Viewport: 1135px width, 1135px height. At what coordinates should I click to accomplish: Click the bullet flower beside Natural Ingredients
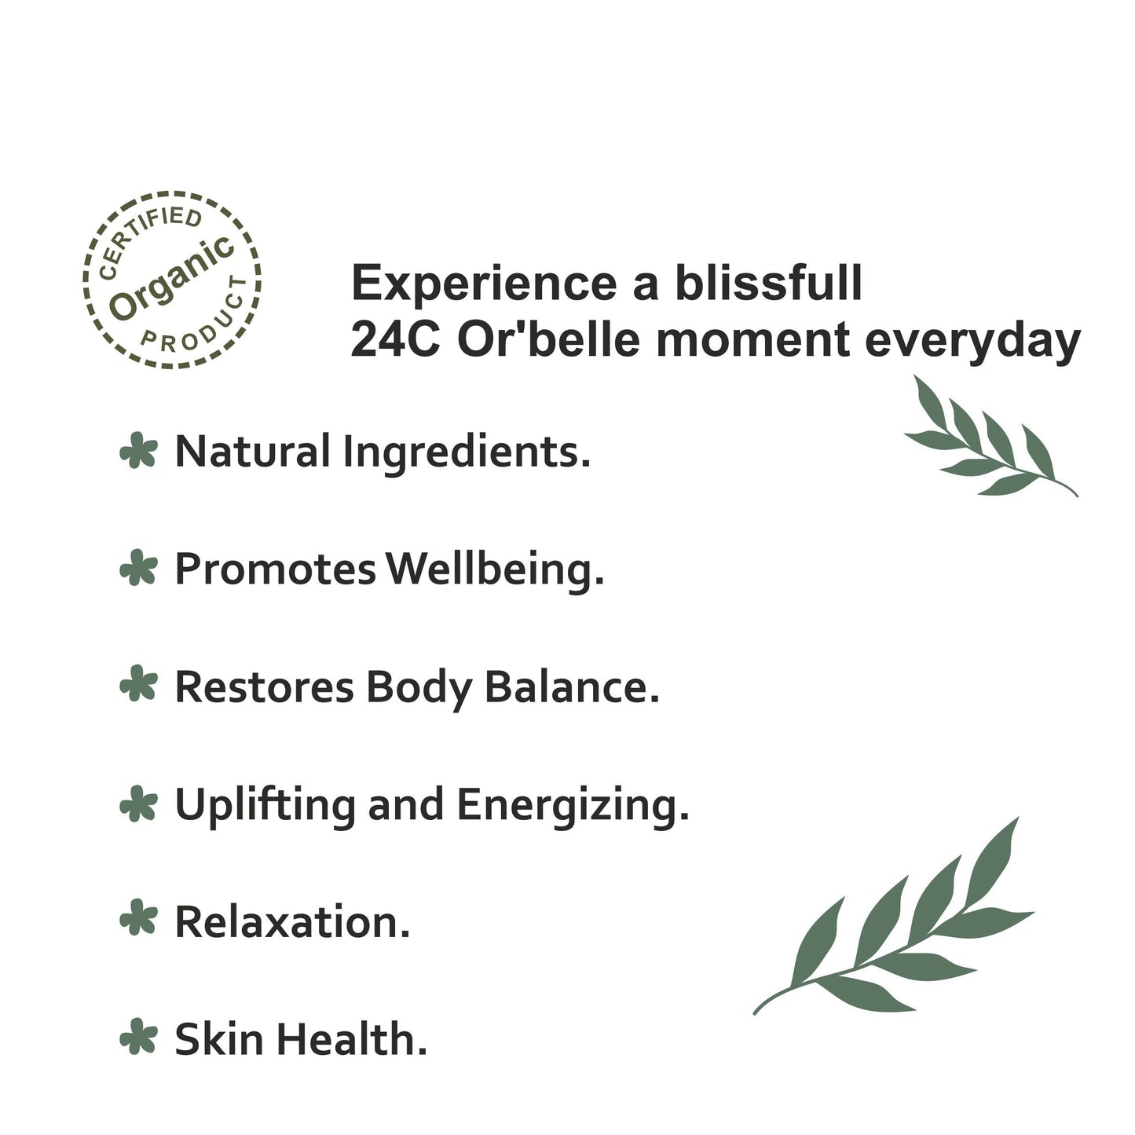(x=138, y=452)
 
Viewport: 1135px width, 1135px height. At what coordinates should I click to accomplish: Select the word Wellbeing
(x=496, y=569)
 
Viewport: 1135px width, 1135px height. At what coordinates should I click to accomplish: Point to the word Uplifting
(x=265, y=805)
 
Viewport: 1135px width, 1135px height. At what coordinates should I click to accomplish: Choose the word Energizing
(x=573, y=805)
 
